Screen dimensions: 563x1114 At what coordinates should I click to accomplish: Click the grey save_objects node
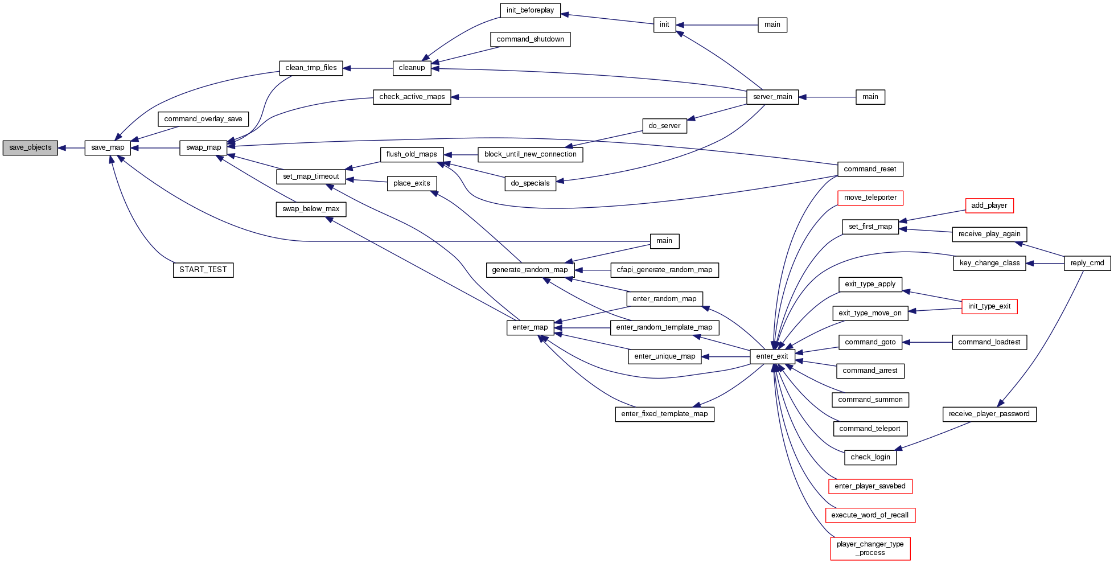(30, 148)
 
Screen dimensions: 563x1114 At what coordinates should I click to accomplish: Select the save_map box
(108, 148)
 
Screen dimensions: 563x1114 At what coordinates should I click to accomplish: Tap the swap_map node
(203, 148)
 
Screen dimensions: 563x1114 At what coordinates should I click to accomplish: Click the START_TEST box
(203, 270)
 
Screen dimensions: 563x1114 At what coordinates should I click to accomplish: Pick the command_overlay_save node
(203, 119)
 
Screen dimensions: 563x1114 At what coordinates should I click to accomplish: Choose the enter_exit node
(772, 357)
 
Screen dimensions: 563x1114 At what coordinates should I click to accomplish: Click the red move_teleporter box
(870, 198)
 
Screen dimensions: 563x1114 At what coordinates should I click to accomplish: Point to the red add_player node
(989, 206)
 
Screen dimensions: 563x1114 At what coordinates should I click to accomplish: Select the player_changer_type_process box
(870, 549)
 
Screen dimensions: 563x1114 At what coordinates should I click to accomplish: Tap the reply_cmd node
(1087, 263)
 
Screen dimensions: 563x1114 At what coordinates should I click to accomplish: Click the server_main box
(772, 97)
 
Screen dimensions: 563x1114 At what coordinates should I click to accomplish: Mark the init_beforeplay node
(530, 10)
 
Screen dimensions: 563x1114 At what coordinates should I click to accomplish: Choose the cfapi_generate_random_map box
(664, 270)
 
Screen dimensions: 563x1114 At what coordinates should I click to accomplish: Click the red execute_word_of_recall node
(870, 515)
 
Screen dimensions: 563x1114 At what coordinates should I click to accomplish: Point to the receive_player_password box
(989, 414)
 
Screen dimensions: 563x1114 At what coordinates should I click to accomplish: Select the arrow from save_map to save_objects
(71, 148)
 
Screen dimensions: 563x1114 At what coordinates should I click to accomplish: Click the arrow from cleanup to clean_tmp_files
(368, 68)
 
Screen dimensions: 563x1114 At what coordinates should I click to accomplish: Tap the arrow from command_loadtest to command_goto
(927, 342)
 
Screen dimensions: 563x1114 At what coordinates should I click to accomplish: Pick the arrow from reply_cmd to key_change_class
(1045, 264)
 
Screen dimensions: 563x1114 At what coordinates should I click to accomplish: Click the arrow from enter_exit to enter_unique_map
(726, 357)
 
